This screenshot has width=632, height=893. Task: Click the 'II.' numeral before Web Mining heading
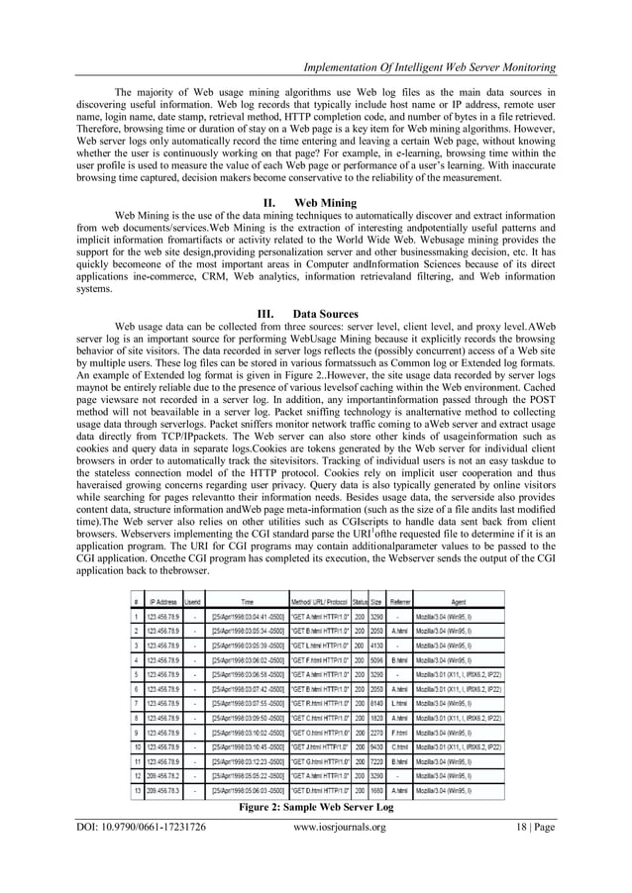click(x=264, y=201)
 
